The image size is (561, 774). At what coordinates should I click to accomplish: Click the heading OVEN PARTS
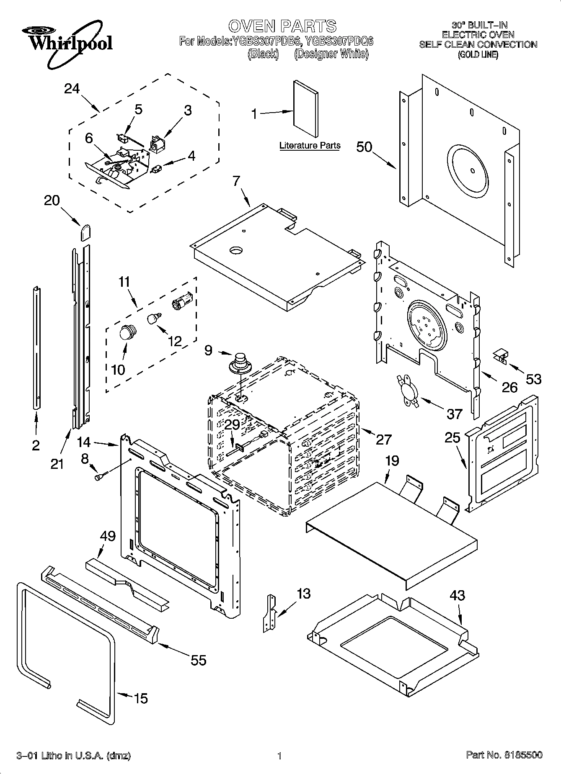coord(282,26)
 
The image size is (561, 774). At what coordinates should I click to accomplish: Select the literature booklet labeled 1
coord(305,108)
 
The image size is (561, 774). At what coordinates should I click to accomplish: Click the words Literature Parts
coord(310,146)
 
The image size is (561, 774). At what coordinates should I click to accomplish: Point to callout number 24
coord(72,89)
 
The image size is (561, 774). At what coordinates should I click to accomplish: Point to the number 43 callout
coord(457,595)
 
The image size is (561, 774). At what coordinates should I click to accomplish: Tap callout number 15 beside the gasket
coord(141,698)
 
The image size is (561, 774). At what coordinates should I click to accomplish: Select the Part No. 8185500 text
coord(504,755)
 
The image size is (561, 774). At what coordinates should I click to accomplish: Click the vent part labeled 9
coord(240,363)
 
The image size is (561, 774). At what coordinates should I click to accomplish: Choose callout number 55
coord(198,660)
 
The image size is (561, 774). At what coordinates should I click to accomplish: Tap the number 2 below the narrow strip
coord(36,445)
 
